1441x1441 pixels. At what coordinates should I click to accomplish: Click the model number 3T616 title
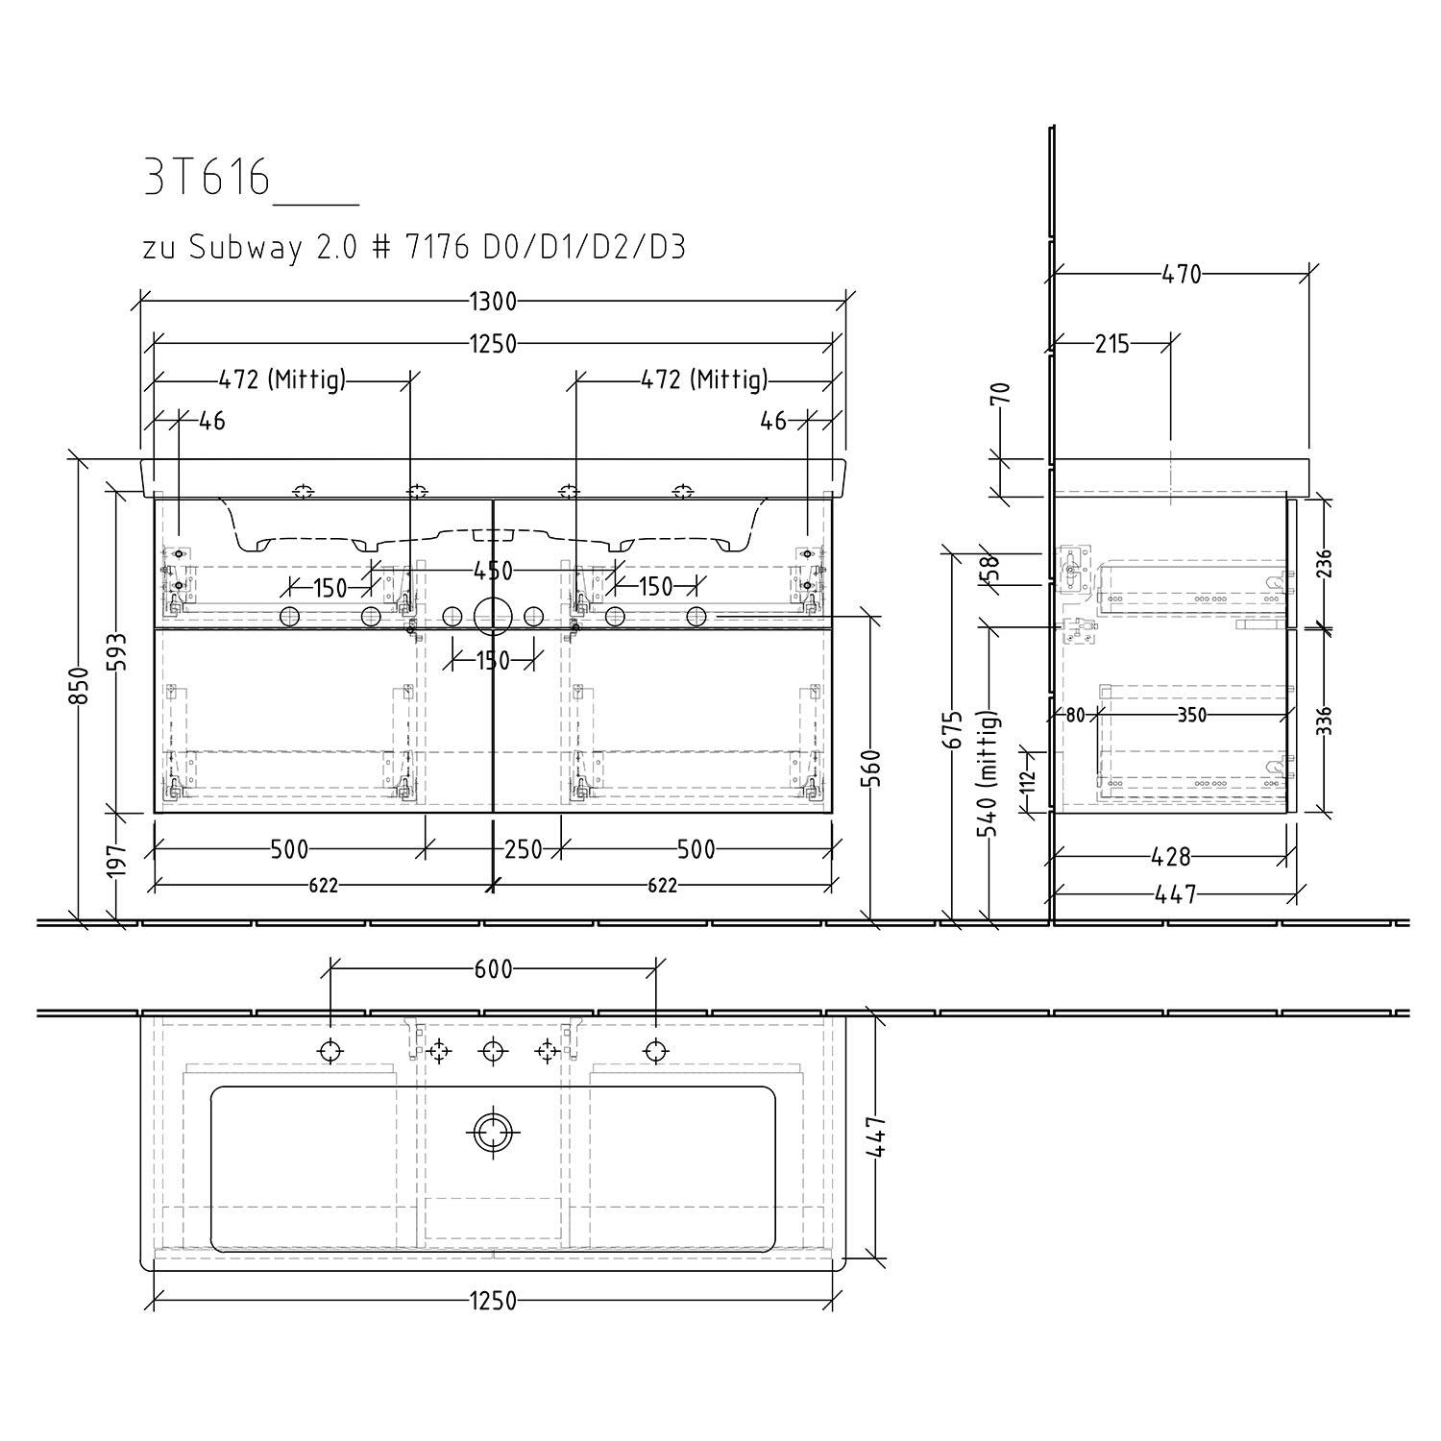(207, 178)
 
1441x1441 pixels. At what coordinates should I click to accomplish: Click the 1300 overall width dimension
(493, 302)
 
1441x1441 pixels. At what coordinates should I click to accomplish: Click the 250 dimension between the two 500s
(524, 849)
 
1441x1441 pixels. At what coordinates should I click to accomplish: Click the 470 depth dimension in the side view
(1182, 275)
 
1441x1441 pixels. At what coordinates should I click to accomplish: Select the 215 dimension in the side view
(1112, 344)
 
